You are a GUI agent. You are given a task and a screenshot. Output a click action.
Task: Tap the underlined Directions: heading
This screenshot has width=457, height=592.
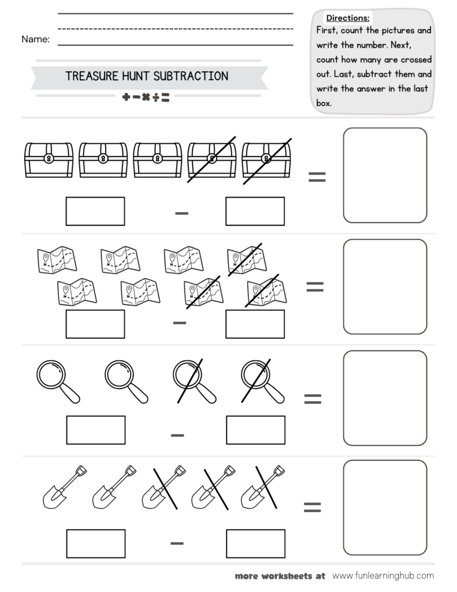(x=348, y=18)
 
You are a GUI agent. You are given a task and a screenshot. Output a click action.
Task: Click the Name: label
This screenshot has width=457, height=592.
(x=35, y=39)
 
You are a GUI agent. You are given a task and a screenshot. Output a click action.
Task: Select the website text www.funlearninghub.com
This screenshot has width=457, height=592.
(x=382, y=576)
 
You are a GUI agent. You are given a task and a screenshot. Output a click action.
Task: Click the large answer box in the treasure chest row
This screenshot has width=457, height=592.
(x=385, y=175)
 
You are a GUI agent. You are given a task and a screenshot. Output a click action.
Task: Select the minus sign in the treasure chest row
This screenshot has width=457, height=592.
(x=182, y=213)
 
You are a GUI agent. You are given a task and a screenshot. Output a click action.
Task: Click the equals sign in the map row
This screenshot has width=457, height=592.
(x=314, y=287)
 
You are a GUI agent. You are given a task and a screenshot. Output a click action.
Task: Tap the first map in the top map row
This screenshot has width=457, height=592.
(x=56, y=259)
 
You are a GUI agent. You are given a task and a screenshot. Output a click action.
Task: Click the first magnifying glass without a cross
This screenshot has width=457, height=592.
(x=57, y=380)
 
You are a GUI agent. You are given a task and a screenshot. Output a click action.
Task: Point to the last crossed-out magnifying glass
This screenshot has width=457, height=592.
(x=262, y=380)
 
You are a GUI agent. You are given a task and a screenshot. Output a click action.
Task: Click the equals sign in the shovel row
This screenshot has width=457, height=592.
(x=312, y=507)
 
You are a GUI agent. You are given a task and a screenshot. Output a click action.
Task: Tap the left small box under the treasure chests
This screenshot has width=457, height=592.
(x=95, y=211)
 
